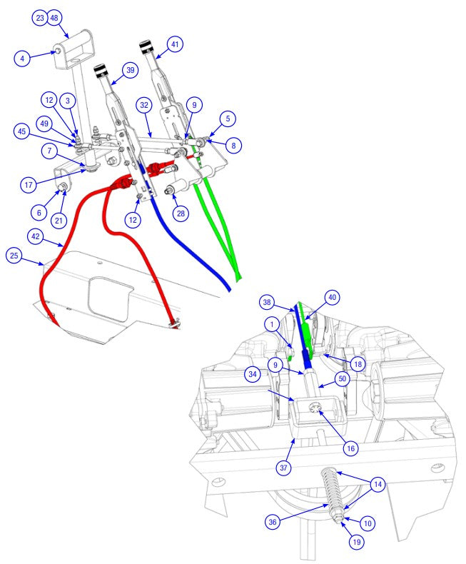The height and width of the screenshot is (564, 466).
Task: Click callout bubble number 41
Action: coord(175,44)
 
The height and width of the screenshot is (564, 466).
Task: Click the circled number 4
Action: coord(23,59)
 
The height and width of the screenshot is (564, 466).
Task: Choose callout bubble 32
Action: coord(144,104)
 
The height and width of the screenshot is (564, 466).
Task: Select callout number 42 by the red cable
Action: coord(36,235)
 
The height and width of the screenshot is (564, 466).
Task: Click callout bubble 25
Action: coord(14,254)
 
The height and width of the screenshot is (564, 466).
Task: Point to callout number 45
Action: coord(22,131)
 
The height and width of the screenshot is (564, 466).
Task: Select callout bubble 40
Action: coord(332,297)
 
